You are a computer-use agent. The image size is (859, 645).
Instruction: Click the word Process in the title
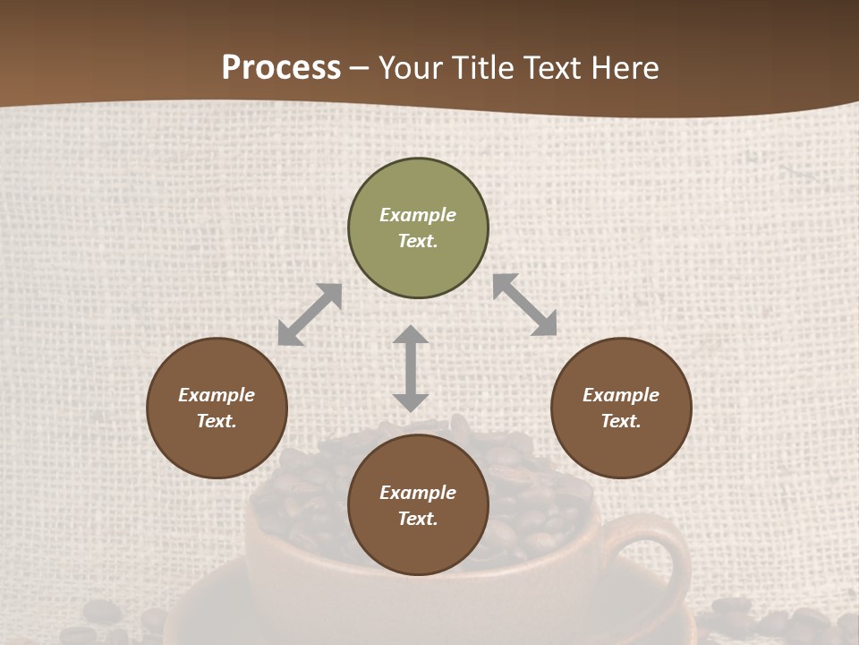click(x=281, y=68)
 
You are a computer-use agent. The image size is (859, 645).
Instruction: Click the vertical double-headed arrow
click(x=411, y=368)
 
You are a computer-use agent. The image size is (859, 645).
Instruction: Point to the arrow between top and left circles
click(x=310, y=314)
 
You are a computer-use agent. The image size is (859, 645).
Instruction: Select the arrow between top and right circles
click(x=524, y=305)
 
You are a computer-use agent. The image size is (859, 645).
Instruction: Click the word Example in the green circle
click(x=418, y=215)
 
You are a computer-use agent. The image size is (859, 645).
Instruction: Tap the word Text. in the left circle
click(x=217, y=421)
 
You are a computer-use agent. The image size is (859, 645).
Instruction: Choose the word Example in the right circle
click(x=621, y=395)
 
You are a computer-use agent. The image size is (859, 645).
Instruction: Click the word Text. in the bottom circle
click(x=418, y=519)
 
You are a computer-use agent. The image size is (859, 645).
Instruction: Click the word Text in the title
click(x=557, y=68)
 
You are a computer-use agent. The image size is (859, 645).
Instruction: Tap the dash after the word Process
click(x=359, y=69)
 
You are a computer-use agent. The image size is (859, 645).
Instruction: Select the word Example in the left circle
click(x=217, y=395)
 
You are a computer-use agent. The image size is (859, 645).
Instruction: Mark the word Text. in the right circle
click(x=621, y=421)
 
